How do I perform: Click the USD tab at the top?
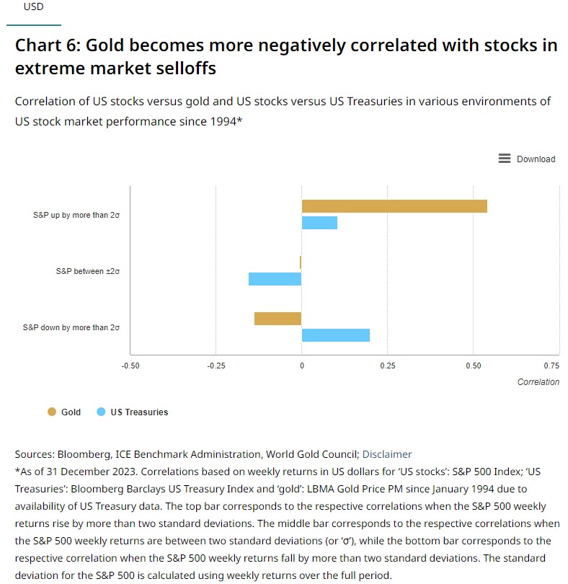pos(33,6)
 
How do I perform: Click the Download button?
pos(527,159)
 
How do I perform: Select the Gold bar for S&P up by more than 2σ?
pos(394,206)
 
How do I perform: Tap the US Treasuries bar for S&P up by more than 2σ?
pos(319,222)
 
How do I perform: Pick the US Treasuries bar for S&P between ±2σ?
pos(275,278)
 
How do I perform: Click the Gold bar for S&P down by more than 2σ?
pos(278,319)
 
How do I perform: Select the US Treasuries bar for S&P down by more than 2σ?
pos(335,335)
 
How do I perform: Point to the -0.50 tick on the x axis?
pos(130,366)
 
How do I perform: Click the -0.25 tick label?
pos(216,366)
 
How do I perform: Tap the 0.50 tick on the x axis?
pos(473,366)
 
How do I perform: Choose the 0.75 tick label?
pos(551,366)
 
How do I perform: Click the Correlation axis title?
pos(538,382)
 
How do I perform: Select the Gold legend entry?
pos(64,412)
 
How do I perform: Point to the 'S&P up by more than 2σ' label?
pos(76,215)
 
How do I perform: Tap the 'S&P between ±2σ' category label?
pos(87,271)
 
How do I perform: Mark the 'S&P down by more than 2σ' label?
pos(71,327)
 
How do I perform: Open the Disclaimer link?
pos(387,454)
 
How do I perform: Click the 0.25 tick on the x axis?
pos(387,366)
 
